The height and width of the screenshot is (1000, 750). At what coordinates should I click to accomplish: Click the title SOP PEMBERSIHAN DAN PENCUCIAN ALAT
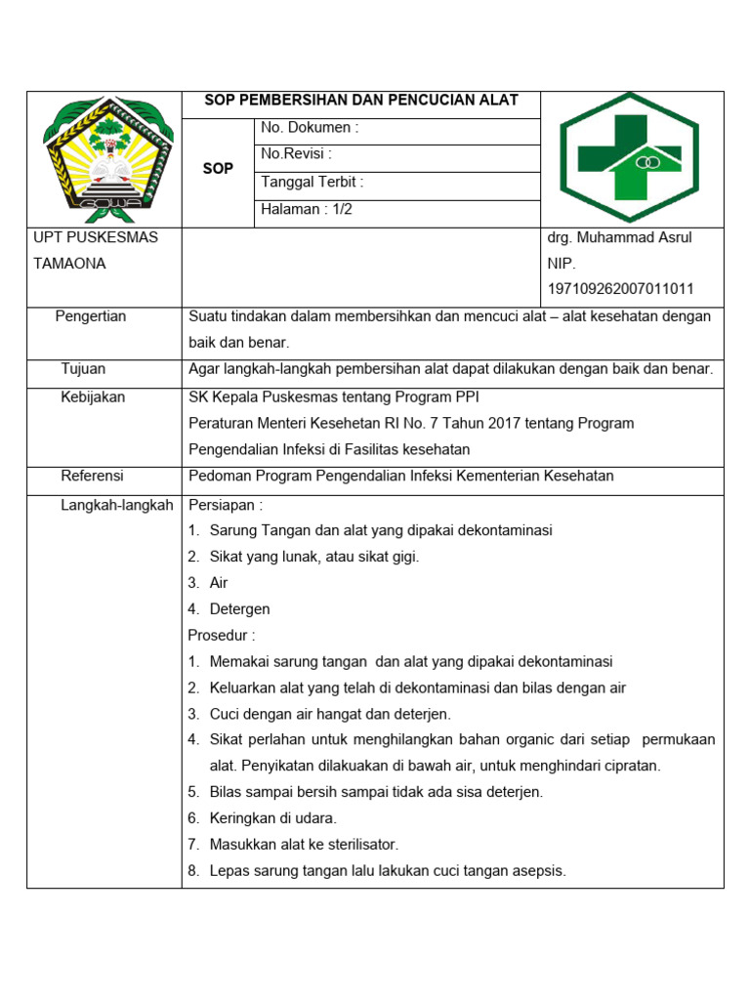click(360, 101)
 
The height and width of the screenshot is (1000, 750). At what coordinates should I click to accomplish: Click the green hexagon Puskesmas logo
click(629, 158)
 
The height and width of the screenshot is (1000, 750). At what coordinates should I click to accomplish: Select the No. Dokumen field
click(310, 128)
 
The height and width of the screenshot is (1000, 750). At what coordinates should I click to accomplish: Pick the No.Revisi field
click(297, 154)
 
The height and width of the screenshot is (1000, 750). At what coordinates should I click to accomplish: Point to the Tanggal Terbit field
click(312, 182)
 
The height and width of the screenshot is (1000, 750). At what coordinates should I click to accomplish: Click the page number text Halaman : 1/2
click(307, 209)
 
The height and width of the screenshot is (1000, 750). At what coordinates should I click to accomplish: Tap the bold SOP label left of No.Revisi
click(218, 169)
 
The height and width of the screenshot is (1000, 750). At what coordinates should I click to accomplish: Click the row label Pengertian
click(91, 316)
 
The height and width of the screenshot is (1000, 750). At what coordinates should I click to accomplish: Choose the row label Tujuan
click(83, 369)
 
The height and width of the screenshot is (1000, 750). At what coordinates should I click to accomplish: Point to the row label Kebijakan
click(93, 397)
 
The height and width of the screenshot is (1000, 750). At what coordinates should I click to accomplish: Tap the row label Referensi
click(92, 476)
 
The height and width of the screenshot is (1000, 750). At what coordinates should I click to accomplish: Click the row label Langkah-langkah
click(116, 505)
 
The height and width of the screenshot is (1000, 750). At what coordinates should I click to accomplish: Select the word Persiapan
click(225, 505)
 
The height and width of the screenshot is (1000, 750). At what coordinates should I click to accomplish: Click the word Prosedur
click(222, 636)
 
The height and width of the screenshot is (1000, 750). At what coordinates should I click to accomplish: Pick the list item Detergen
click(239, 609)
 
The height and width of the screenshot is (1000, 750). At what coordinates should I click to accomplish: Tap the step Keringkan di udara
click(272, 818)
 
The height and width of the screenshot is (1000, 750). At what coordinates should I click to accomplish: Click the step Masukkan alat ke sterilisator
click(304, 845)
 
